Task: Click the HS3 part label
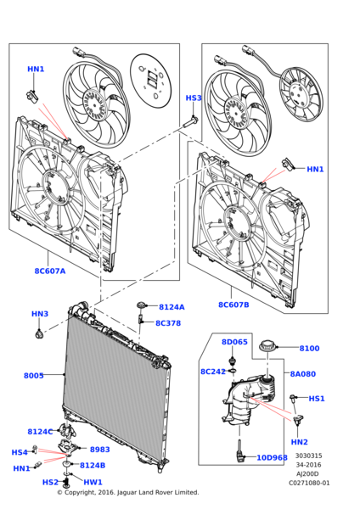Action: [x=194, y=98]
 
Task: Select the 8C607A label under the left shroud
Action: [x=49, y=271]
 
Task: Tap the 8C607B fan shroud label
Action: [x=233, y=305]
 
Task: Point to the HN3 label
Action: [x=40, y=314]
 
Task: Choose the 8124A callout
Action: [x=172, y=307]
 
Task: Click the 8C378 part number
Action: [x=168, y=323]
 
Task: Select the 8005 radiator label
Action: [x=34, y=375]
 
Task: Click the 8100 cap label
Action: [x=309, y=348]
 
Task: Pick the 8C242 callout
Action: [x=213, y=372]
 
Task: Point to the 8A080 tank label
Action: [x=302, y=373]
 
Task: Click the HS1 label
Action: [x=316, y=399]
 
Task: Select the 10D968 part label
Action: [x=272, y=457]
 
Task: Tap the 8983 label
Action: [x=99, y=450]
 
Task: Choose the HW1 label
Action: [x=93, y=482]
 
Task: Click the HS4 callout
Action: [x=19, y=452]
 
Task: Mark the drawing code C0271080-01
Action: [x=308, y=483]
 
